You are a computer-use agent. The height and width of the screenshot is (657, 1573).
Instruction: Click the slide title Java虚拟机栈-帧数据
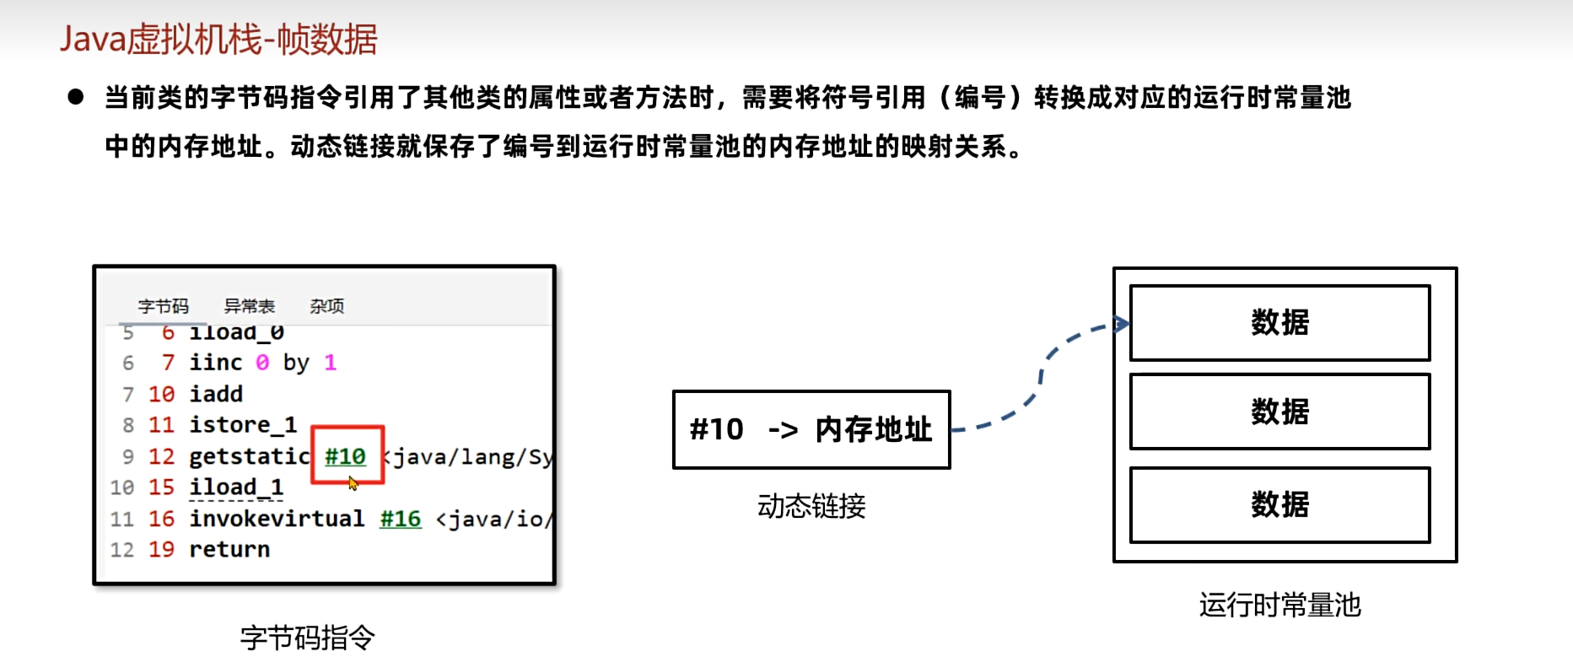click(218, 40)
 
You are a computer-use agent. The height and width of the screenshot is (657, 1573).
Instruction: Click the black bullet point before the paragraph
click(76, 97)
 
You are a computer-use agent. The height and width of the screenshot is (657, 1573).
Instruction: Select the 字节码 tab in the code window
click(164, 306)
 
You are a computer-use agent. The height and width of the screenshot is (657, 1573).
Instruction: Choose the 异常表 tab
click(250, 306)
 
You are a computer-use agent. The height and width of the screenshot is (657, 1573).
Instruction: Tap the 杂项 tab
click(326, 306)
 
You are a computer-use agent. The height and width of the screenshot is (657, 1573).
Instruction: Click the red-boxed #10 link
click(346, 456)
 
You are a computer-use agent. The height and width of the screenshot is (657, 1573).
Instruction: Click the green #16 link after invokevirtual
click(401, 519)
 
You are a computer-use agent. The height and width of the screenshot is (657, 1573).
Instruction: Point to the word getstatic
click(250, 456)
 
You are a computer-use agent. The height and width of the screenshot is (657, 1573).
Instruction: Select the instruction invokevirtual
click(277, 519)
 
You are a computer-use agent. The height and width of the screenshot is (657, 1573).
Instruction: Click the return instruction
click(229, 550)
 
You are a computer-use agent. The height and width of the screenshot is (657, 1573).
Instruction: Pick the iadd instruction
click(216, 394)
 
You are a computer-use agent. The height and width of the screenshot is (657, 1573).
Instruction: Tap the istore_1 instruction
click(243, 425)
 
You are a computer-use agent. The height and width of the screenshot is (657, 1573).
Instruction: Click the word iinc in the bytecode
click(216, 363)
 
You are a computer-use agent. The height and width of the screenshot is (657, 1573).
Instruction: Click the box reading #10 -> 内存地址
click(811, 429)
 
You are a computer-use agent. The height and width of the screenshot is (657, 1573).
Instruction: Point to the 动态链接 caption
click(811, 506)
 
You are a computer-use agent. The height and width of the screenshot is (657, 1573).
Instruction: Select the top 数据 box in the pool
click(1279, 323)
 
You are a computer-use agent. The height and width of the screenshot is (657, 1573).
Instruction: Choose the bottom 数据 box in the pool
click(1279, 505)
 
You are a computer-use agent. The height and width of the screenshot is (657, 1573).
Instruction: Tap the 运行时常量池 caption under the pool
click(1279, 605)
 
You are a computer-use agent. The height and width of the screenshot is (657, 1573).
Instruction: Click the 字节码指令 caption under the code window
click(308, 638)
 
